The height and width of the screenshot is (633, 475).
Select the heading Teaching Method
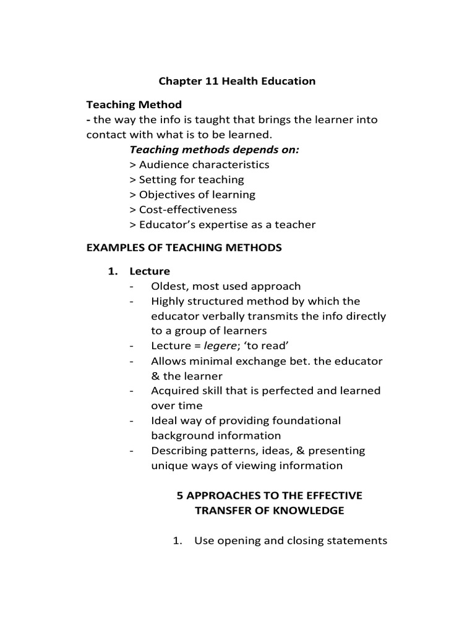click(x=134, y=105)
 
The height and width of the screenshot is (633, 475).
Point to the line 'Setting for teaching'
click(x=187, y=180)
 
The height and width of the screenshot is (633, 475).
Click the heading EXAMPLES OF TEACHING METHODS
click(x=184, y=248)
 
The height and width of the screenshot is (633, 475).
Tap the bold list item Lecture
click(x=149, y=271)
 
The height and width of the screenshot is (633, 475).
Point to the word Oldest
click(x=169, y=286)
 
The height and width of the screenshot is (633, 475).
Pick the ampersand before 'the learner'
click(x=155, y=376)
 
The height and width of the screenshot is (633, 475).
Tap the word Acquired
click(x=175, y=391)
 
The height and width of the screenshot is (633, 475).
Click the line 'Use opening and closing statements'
click(x=291, y=541)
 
